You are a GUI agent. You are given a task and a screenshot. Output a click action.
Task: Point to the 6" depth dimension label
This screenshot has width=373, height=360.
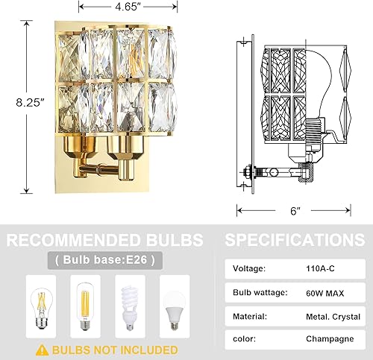pyautogui.click(x=296, y=211)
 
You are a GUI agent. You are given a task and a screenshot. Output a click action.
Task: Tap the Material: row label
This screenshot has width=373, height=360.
pyautogui.click(x=251, y=316)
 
